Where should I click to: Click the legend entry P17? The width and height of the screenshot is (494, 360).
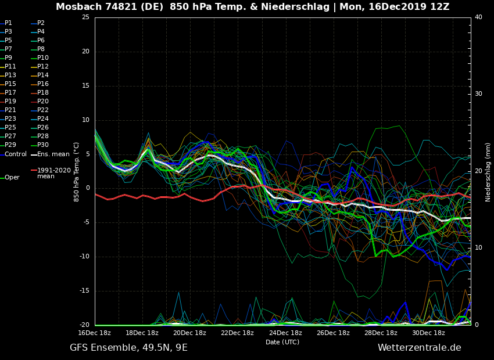coord(10,92)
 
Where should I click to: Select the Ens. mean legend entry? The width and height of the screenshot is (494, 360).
coord(53,154)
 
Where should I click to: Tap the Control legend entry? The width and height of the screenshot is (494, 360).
coord(16,154)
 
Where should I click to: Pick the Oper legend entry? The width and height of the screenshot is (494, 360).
coord(12,177)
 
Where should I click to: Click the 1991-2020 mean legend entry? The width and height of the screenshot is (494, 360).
coord(53,173)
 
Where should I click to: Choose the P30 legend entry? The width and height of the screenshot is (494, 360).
coord(43,145)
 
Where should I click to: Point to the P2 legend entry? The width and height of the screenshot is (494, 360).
coord(41,23)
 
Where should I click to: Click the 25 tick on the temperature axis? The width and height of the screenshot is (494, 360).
coord(85,17)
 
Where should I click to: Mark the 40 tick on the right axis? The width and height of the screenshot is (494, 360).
coord(478,17)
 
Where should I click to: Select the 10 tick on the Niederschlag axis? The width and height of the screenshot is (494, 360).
coord(478,248)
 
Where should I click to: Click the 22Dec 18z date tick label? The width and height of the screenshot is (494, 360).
coord(237,333)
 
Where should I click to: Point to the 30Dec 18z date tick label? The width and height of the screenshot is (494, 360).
coord(428,333)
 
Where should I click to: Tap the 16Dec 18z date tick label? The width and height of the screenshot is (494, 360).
coord(94,333)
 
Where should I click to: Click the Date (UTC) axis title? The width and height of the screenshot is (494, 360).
coord(282,342)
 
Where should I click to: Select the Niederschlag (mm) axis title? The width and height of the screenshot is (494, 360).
coord(488,172)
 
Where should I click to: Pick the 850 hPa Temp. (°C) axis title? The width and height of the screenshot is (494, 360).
coord(76,172)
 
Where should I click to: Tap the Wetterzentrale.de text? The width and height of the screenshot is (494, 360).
coord(419,348)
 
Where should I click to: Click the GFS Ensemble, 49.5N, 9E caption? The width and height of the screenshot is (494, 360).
coord(128,348)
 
